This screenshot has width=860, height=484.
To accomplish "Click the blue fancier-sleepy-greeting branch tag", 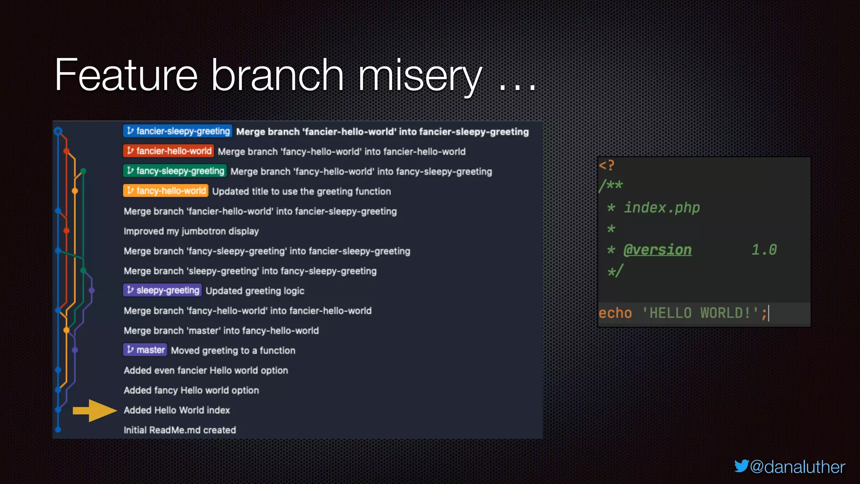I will (177, 131).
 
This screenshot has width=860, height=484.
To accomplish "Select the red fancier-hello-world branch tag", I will (168, 151).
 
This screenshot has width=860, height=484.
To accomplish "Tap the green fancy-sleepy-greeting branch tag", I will (175, 171).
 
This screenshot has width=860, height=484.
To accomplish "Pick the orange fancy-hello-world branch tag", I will (166, 191).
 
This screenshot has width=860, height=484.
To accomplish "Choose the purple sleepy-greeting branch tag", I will (162, 290).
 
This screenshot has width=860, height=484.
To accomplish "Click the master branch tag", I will (145, 350).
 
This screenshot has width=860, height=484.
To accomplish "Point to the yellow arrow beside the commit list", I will (94, 410).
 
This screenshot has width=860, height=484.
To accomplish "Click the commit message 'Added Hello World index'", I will (177, 410).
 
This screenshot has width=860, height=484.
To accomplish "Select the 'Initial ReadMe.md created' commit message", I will (180, 430).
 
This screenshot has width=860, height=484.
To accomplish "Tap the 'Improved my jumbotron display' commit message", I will (191, 231).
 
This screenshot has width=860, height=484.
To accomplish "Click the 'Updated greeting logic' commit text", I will (255, 291).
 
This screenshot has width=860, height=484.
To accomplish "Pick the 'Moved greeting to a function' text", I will (233, 350).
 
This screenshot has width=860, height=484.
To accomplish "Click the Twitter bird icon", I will (741, 466).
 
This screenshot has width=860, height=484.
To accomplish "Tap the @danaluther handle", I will (797, 467).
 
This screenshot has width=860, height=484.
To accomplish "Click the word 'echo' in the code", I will (615, 313).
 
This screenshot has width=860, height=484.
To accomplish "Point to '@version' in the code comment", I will (657, 250).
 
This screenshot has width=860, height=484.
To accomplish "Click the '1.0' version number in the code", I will (764, 250).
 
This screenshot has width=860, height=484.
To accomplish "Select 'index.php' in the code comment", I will (662, 208).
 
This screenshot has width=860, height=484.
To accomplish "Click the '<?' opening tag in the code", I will (606, 165).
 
